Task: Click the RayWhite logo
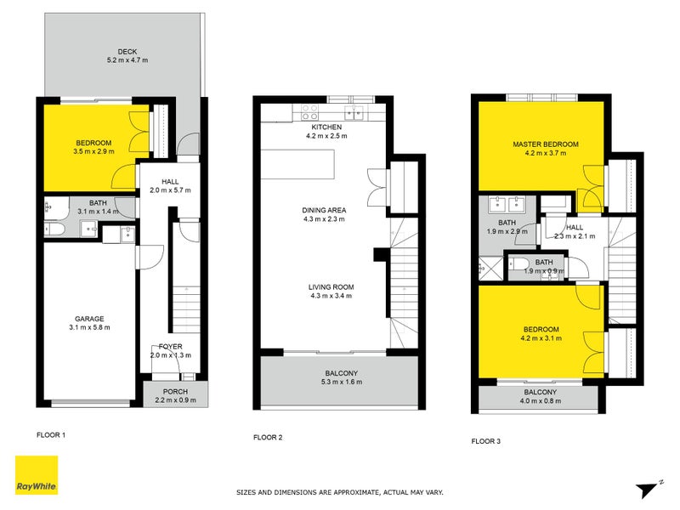(37, 475)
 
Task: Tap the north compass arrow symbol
(648, 487)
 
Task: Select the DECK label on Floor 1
(127, 50)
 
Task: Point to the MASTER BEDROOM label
(545, 144)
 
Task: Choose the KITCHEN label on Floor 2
(326, 127)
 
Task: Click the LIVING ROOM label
(331, 286)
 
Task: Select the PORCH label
(175, 390)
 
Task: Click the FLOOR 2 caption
(268, 438)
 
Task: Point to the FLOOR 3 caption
(486, 441)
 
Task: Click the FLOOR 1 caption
(51, 434)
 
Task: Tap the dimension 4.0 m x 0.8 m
(541, 401)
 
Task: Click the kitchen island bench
(298, 167)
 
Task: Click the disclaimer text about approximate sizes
(339, 492)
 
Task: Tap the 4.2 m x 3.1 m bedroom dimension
(541, 339)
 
